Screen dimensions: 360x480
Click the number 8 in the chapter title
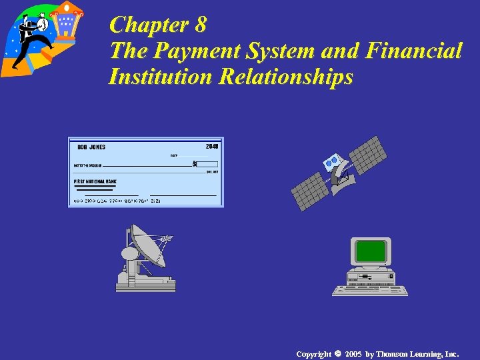[x=199, y=25]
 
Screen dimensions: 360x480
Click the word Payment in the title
[x=190, y=51]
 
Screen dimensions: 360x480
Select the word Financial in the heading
[x=411, y=51]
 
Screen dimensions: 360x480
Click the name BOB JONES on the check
[x=91, y=147]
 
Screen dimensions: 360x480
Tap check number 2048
[x=212, y=146]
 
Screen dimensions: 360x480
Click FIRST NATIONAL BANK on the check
[x=95, y=181]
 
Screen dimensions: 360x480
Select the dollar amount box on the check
[x=205, y=164]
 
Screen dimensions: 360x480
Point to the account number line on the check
[x=117, y=201]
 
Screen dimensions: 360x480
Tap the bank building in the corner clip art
[x=66, y=23]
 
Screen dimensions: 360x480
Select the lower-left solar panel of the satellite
[x=310, y=191]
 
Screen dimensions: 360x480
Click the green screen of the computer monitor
[x=371, y=251]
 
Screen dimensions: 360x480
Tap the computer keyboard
[x=370, y=290]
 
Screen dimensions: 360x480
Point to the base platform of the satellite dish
[x=145, y=284]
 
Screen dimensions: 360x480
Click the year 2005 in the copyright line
[x=353, y=353]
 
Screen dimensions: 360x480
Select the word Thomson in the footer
[x=393, y=353]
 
